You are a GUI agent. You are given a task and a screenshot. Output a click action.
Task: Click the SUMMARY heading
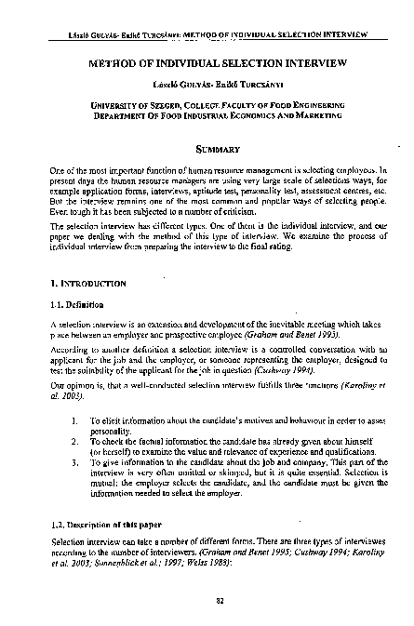207,149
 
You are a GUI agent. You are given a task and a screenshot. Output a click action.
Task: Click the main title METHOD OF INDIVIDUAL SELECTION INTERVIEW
207,64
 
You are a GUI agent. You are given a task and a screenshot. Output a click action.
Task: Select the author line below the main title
207,84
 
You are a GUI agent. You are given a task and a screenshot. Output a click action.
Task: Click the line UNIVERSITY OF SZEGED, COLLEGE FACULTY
207,106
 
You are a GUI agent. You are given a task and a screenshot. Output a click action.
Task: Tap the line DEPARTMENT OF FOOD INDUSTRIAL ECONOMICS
207,117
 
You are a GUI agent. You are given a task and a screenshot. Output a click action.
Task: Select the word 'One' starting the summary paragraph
59,173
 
